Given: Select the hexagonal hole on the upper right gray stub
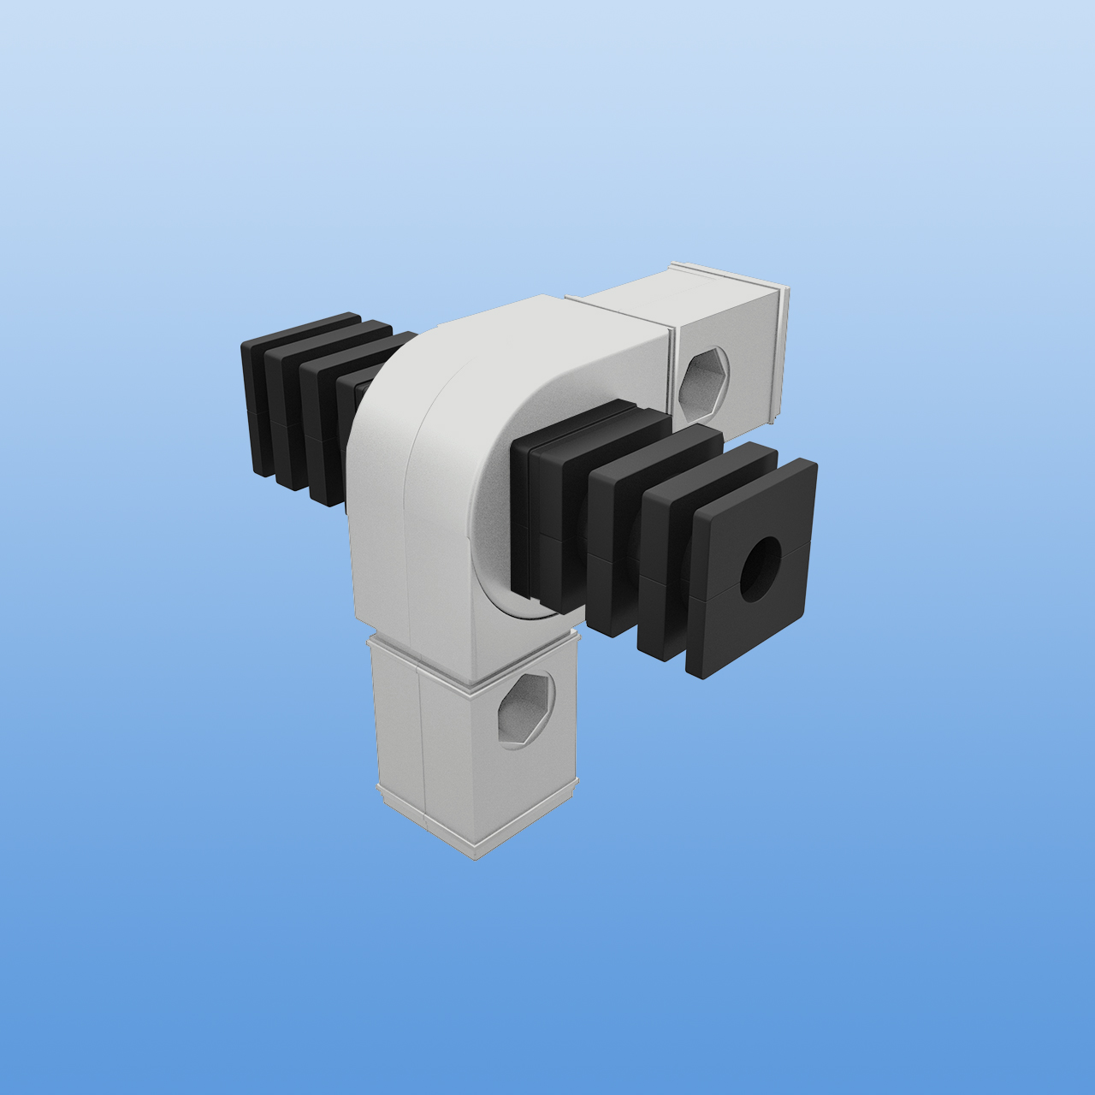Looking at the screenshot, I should click(x=706, y=382).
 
